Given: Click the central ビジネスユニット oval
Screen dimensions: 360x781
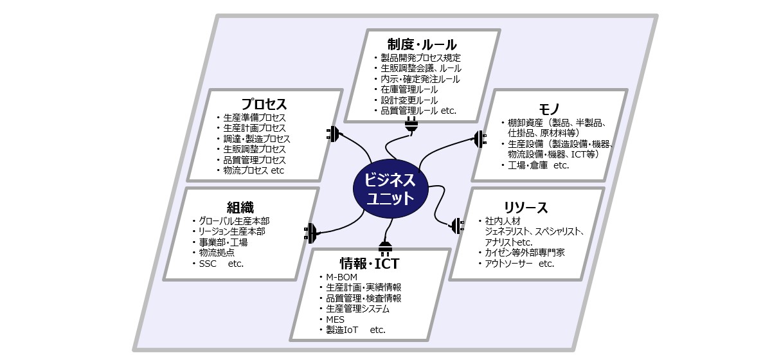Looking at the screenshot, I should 390,188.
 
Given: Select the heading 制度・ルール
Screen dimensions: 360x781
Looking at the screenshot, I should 422,44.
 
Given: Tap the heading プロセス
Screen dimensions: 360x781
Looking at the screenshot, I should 264,104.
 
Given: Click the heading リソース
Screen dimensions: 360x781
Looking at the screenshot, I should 526,208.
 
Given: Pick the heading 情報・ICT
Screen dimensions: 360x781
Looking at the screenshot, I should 369,264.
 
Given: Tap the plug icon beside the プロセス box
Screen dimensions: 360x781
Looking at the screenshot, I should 333,134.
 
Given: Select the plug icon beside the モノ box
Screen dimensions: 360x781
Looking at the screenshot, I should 480,138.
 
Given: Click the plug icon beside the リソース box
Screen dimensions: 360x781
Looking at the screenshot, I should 456,226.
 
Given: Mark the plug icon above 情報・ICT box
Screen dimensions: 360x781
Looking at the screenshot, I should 384,248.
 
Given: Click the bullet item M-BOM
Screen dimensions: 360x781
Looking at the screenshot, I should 342,277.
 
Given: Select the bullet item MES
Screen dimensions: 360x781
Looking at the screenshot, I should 336,319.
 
